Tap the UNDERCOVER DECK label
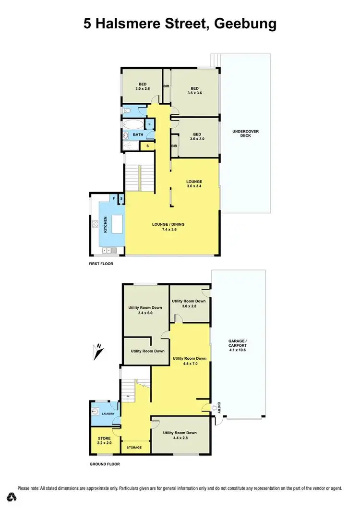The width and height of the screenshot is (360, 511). point(241,133)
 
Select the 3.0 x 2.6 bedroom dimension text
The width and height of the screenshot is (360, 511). point(143,88)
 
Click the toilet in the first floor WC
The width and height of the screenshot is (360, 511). point(126,110)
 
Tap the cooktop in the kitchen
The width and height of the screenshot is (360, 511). point(96,223)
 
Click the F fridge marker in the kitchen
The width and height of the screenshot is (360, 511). point(114,198)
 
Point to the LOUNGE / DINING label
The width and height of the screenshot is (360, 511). point(168,224)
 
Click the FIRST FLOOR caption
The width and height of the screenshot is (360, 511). point(101,264)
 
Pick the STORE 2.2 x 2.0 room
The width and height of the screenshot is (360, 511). point(105,440)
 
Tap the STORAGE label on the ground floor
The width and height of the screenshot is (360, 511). point(134,448)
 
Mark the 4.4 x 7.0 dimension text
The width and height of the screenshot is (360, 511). point(190,364)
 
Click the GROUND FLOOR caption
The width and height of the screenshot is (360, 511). point(105,464)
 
